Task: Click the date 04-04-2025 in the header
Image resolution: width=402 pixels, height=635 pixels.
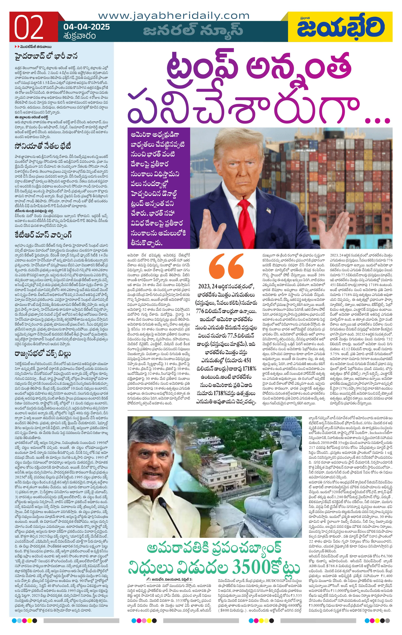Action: click(87, 27)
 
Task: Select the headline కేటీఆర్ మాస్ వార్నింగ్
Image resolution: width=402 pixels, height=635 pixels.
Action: click(43, 235)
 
